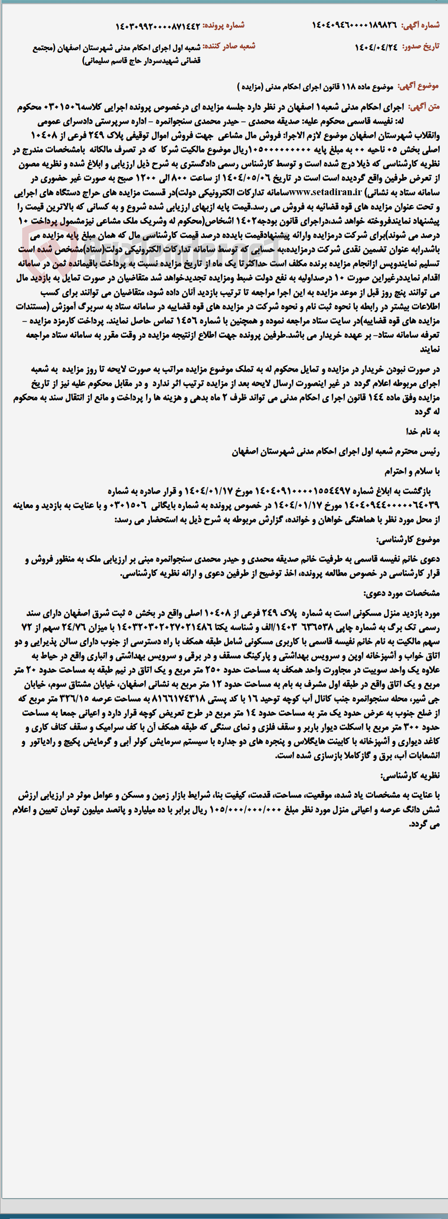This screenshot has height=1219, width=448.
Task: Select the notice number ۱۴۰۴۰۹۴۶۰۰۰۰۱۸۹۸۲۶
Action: [x=354, y=25]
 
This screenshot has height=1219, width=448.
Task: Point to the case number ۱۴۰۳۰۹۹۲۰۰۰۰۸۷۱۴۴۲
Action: [x=157, y=26]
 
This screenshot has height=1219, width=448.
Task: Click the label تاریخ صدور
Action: [x=420, y=47]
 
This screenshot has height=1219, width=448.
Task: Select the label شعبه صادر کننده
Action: [x=229, y=46]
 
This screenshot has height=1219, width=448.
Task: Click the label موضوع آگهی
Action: [x=418, y=86]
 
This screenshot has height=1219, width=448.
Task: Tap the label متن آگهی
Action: [x=424, y=107]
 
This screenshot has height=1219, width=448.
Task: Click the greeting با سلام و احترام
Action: [x=412, y=472]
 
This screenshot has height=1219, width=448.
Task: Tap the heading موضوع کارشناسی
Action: [x=408, y=539]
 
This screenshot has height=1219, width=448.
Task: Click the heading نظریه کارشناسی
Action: [x=410, y=775]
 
